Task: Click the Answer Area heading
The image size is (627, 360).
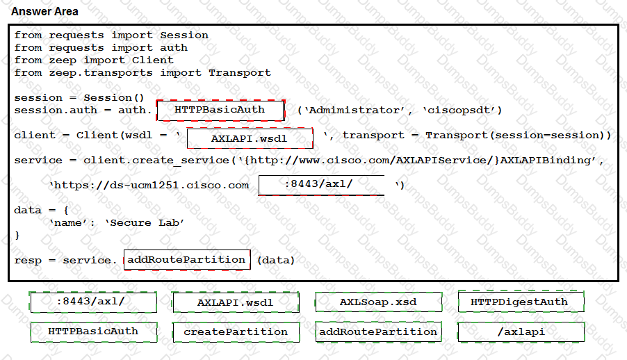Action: [44, 12]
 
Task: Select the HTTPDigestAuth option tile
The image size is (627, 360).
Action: [521, 302]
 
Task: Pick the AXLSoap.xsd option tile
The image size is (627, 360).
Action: [379, 302]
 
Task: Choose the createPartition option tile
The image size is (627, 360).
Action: [236, 332]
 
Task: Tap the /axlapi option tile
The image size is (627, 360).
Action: [521, 332]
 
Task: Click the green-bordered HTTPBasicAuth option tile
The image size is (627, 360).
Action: [94, 332]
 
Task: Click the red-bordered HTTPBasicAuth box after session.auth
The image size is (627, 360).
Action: [220, 110]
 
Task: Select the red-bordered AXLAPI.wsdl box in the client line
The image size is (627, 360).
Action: [250, 138]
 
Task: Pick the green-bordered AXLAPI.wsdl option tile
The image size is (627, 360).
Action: [236, 302]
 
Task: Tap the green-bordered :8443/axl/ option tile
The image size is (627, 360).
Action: [93, 302]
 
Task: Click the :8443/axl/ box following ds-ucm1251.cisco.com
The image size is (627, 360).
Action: [322, 185]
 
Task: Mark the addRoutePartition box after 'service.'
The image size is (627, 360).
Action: [187, 260]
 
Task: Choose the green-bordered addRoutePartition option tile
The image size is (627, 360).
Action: [378, 332]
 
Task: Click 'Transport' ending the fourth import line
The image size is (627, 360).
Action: [240, 73]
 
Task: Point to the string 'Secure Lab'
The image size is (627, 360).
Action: [145, 223]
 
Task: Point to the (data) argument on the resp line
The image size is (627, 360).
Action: [276, 261]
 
